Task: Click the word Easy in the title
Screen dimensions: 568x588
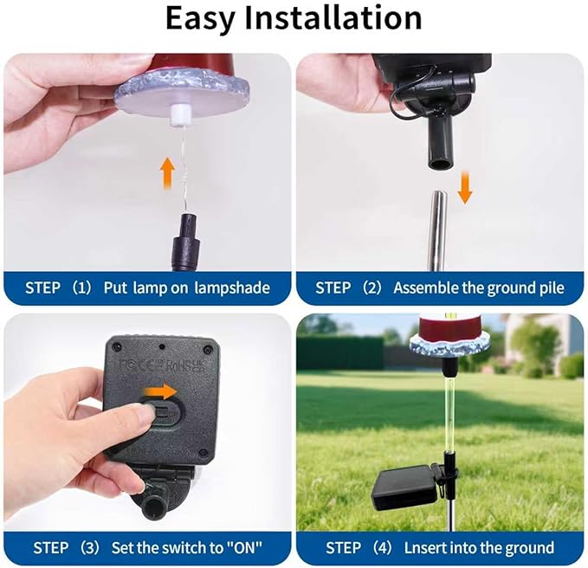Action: click(206, 18)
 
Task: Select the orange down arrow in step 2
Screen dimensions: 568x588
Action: click(465, 187)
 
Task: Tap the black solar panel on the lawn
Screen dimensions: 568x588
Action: click(405, 488)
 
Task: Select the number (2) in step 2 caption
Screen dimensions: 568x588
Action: click(370, 287)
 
